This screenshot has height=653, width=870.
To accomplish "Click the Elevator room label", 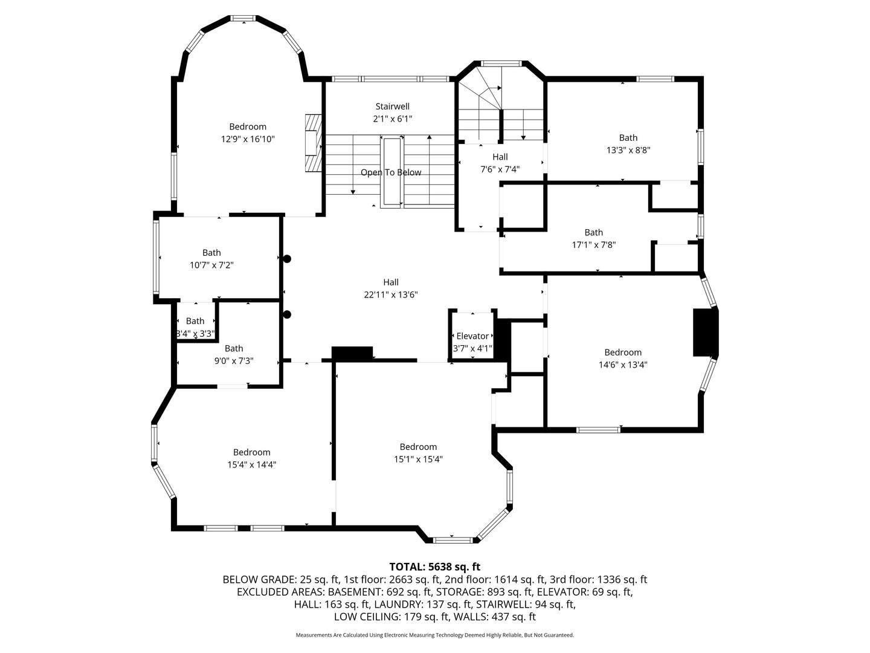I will tap(472, 336).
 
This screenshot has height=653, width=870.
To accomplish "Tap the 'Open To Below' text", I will tap(391, 172).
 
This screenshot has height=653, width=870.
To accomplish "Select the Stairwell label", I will tap(392, 106).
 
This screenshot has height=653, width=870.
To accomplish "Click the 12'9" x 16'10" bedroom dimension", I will tap(248, 139).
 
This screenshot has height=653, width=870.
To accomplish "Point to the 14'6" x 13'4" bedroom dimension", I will tap(623, 365).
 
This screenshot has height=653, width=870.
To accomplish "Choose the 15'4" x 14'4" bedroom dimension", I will tap(251, 464).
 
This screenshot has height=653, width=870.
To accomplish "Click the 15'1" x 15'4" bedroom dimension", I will tap(418, 459).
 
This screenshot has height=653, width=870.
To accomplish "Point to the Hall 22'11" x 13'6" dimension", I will tap(391, 294).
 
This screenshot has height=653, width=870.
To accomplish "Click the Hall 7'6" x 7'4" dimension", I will tap(500, 169).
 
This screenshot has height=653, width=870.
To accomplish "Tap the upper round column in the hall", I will tap(288, 259).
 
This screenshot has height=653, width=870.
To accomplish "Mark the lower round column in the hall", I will tap(288, 314).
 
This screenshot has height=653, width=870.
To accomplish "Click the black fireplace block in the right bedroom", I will tap(704, 333).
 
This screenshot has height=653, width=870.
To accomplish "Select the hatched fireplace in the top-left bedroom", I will tap(313, 144).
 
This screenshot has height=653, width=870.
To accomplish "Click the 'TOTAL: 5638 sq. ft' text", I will tap(434, 567).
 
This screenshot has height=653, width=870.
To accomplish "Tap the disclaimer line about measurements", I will tap(434, 635).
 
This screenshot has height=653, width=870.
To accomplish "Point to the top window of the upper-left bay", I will tap(244, 18).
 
